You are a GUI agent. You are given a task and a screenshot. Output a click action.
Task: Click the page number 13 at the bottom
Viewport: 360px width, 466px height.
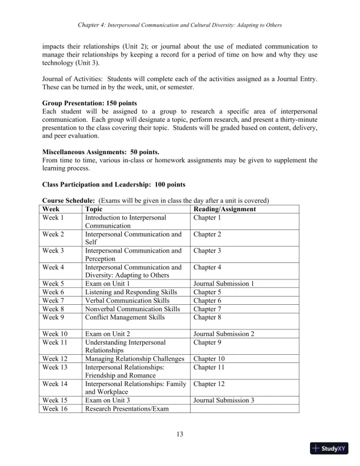pos(180,435)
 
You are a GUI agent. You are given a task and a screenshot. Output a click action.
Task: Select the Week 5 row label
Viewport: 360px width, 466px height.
pos(53,283)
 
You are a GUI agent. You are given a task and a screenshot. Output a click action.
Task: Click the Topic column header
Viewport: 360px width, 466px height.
pos(94,209)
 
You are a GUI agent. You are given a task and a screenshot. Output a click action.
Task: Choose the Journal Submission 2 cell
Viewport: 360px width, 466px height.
pos(224,334)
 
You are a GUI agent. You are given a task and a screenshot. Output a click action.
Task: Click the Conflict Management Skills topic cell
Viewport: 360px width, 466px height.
pos(125,318)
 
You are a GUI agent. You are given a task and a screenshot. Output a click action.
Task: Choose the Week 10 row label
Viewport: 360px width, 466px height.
pos(55,334)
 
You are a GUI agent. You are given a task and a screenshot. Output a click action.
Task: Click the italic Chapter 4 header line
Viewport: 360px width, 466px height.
pos(180,25)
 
